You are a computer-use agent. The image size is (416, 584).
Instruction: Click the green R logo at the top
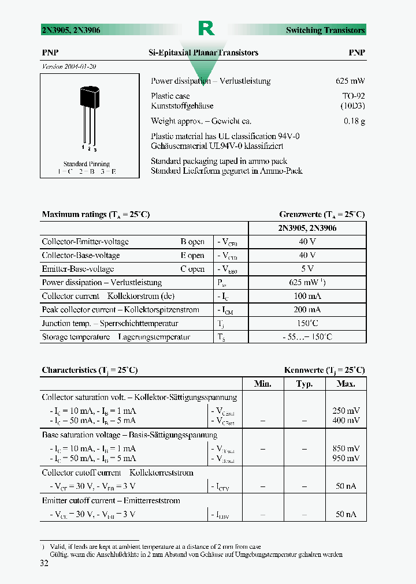[x=206, y=29]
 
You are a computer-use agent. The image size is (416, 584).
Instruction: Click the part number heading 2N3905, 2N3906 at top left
[x=71, y=30]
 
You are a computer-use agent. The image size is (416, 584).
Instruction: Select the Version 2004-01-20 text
[x=69, y=66]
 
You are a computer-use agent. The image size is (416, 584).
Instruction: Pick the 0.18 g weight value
[x=354, y=121]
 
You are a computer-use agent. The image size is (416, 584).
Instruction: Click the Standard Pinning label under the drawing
[x=86, y=164]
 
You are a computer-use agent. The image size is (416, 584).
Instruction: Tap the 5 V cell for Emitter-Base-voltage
[x=307, y=269]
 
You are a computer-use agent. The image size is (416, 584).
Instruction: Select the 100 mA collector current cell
[x=307, y=296]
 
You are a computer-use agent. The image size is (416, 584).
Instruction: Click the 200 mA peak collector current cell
[x=307, y=310]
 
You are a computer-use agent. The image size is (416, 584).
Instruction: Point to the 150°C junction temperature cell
[x=307, y=323]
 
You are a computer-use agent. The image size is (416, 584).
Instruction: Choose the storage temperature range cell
[x=307, y=337]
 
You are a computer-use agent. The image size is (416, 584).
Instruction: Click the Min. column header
[x=263, y=384]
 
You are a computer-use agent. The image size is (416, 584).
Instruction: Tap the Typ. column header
[x=304, y=384]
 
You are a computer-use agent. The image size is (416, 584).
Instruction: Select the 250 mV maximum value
[x=346, y=411]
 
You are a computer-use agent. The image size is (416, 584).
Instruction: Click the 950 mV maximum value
[x=346, y=458]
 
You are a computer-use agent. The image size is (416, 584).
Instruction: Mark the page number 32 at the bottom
[x=44, y=564]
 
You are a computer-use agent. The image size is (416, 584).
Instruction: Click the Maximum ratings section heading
[x=95, y=215]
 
